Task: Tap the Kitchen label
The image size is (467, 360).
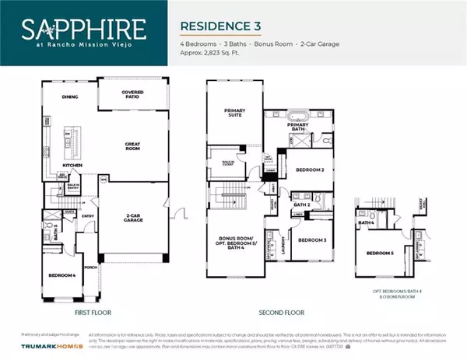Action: tap(72, 166)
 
